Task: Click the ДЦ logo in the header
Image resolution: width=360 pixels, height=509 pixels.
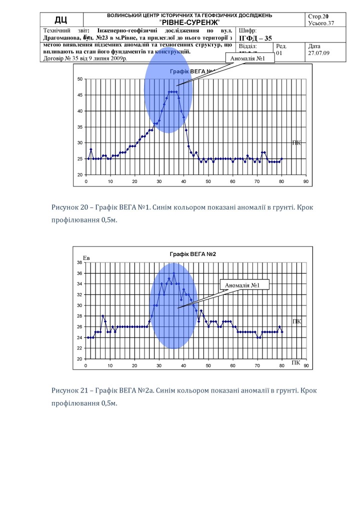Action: (61, 20)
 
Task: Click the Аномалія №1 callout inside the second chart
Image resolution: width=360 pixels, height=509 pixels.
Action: (244, 285)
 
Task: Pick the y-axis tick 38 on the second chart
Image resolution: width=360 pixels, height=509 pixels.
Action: (79, 262)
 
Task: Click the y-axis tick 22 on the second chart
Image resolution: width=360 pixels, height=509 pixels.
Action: (79, 348)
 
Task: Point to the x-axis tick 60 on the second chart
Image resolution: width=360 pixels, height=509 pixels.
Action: (232, 365)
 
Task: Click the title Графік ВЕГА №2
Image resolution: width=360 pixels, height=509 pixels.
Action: (193, 254)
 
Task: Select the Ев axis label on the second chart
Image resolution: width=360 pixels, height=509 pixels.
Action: (86, 258)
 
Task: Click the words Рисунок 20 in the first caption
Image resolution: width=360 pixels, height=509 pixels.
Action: (70, 207)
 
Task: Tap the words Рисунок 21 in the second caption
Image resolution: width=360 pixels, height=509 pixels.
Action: (70, 389)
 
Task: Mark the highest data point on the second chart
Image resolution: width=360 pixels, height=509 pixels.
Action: (173, 273)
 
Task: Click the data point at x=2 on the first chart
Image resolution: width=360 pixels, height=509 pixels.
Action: (91, 149)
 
